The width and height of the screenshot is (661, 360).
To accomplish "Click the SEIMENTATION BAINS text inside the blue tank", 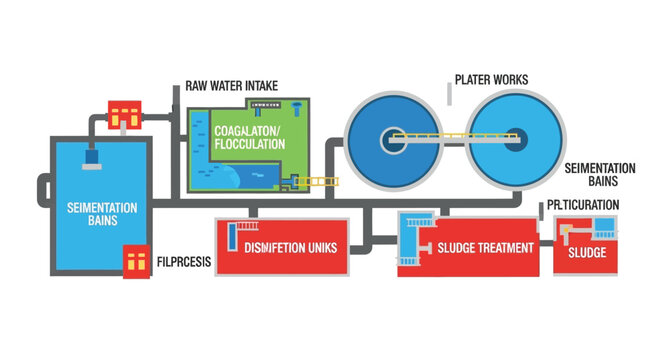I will (95, 214).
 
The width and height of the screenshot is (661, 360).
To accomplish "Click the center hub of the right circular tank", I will (513, 137).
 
